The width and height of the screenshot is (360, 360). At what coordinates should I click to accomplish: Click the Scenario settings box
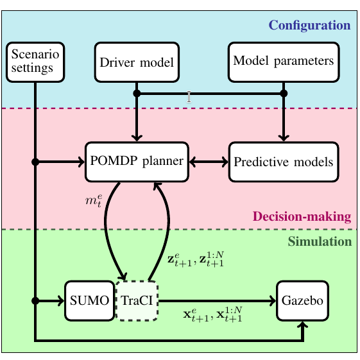[35, 62]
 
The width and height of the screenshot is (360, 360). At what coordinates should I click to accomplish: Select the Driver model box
[137, 62]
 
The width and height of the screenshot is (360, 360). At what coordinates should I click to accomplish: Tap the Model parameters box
[284, 62]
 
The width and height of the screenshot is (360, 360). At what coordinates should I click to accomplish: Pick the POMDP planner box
[137, 162]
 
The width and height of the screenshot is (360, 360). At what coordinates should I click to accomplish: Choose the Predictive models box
[284, 162]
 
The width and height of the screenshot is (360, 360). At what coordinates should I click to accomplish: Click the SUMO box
[90, 300]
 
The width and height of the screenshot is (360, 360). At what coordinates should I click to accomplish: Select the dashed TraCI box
[137, 300]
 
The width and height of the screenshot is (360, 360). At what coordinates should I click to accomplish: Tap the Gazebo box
[303, 300]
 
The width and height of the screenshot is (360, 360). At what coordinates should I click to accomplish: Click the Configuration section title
[309, 25]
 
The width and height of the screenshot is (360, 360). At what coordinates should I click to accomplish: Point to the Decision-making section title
[302, 216]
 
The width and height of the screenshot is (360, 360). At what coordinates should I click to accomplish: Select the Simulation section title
[320, 241]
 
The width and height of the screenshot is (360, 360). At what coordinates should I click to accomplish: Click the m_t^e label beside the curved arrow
[94, 201]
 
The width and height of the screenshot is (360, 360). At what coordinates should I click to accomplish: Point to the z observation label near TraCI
[196, 259]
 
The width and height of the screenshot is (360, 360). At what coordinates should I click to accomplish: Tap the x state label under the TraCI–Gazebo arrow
[213, 314]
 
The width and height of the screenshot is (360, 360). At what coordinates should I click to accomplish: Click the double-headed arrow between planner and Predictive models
[209, 162]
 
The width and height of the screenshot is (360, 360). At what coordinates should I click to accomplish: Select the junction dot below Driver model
[137, 94]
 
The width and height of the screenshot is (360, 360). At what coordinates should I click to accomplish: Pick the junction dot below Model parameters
[284, 94]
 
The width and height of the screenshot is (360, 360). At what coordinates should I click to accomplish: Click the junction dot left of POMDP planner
[35, 162]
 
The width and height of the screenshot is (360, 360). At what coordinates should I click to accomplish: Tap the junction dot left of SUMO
[35, 300]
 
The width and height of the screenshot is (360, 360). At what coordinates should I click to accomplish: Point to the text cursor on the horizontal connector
[189, 97]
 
